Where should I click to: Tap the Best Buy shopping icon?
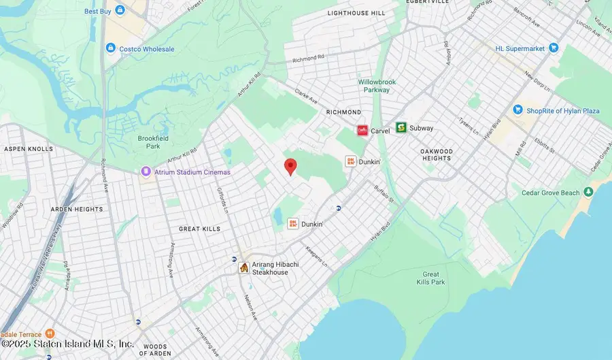click(x=120, y=11)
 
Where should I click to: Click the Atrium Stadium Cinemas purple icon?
click(x=145, y=172)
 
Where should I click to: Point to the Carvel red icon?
click(x=362, y=130)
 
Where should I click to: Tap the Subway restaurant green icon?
click(x=401, y=127)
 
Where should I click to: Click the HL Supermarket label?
click(x=521, y=48)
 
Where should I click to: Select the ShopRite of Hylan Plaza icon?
click(x=518, y=110)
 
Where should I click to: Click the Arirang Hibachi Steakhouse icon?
click(x=243, y=268)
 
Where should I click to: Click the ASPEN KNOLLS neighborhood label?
click(x=28, y=148)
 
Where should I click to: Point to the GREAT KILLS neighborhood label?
click(x=199, y=229)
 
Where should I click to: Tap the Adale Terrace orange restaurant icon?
click(x=49, y=334)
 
